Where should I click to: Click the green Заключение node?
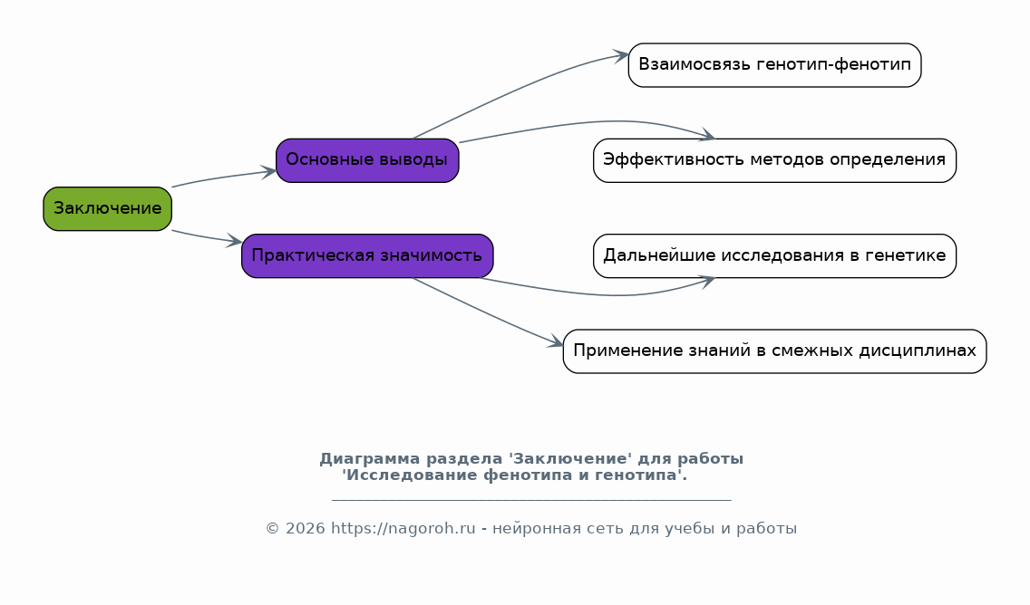point(108,208)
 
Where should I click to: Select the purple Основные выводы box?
point(367,160)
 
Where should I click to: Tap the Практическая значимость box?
point(367,256)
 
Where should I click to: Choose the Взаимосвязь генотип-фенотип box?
point(774,65)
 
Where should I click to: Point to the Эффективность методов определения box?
point(774,160)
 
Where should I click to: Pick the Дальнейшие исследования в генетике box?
point(774,256)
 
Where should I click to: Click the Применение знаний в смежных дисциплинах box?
point(774,351)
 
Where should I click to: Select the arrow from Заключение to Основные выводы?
point(223,178)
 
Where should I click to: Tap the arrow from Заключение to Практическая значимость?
point(207,237)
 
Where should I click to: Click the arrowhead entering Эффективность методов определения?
point(707,135)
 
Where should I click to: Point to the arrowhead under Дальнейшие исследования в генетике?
point(707,282)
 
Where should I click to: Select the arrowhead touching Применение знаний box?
point(556,341)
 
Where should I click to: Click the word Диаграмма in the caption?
point(370,458)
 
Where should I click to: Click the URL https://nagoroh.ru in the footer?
point(403,528)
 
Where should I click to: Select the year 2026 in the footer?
point(305,528)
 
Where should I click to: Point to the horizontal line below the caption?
point(531,500)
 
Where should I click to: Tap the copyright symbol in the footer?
point(273,528)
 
